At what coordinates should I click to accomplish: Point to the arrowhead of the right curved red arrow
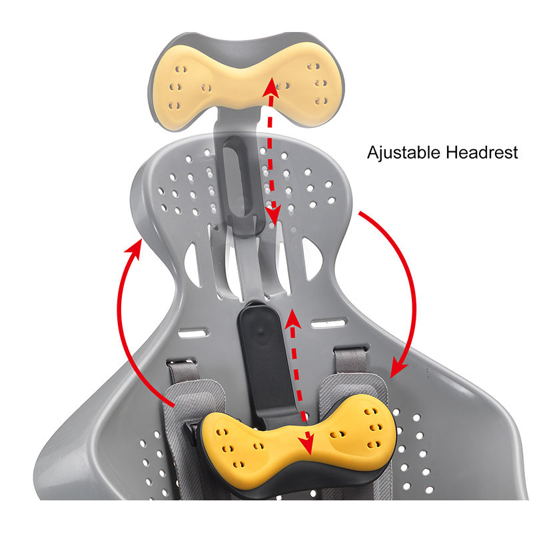pyautogui.click(x=400, y=366)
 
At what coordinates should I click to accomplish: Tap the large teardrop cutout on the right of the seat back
pyautogui.click(x=311, y=257)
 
